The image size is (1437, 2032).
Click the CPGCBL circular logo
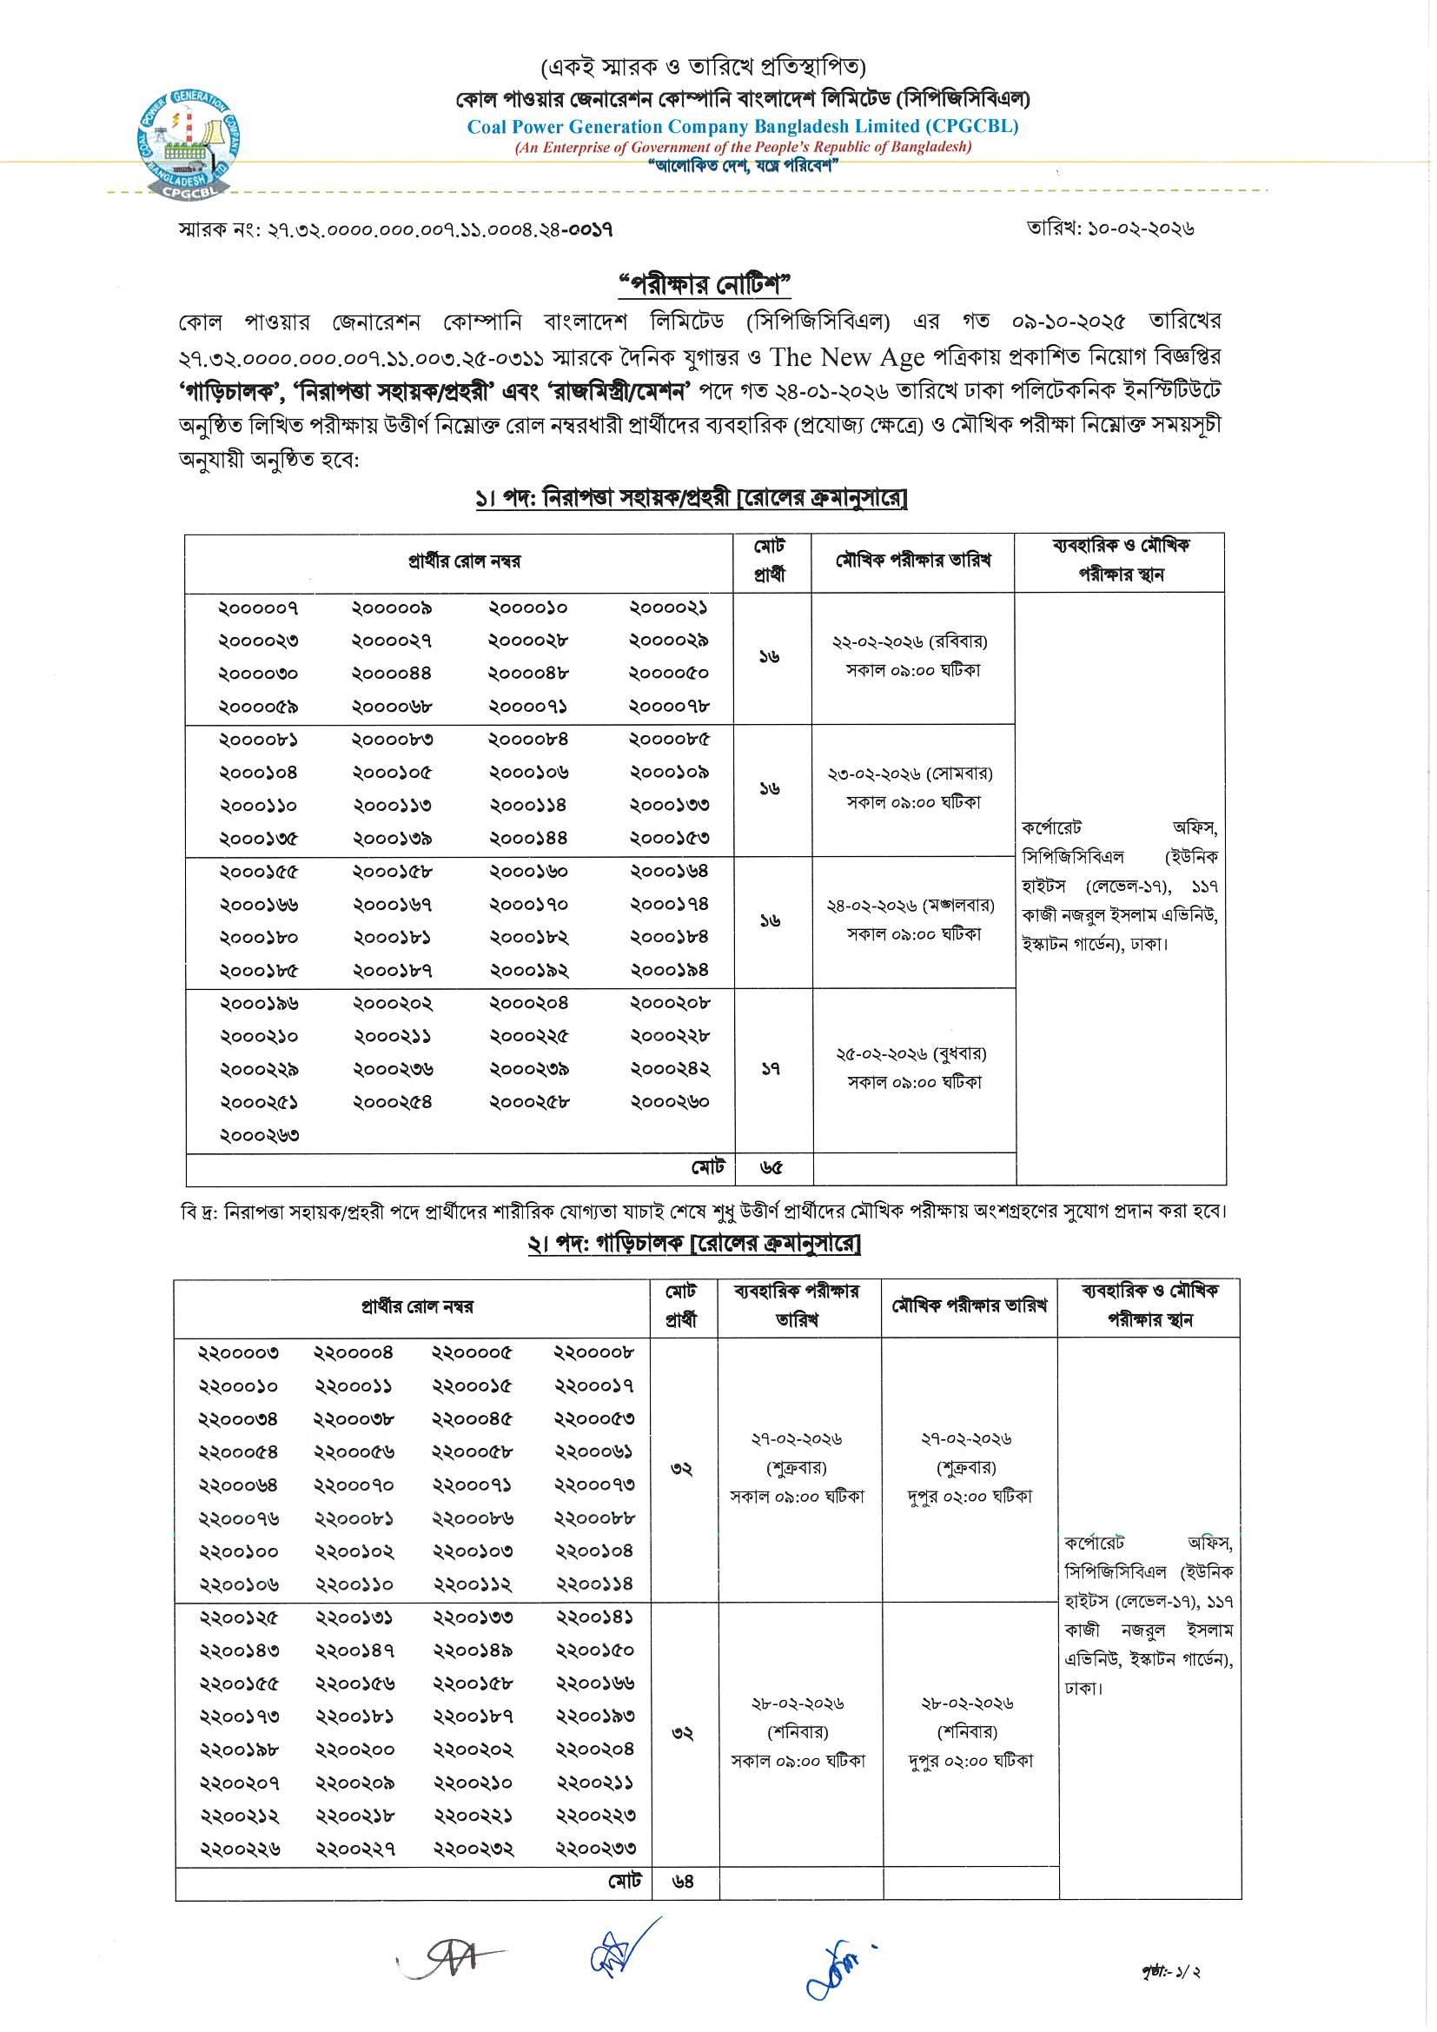tap(192, 144)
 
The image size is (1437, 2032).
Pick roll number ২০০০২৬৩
tap(259, 1135)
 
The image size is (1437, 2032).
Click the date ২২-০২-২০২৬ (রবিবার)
tap(910, 641)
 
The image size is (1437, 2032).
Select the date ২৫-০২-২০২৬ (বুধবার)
tap(911, 1054)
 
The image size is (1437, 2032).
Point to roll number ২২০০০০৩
tap(238, 1353)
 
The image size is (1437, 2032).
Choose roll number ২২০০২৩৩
tap(595, 1849)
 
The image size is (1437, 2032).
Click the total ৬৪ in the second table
tap(682, 1882)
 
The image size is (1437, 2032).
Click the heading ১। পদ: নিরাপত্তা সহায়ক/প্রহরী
tap(691, 499)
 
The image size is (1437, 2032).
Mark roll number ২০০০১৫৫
tap(259, 872)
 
